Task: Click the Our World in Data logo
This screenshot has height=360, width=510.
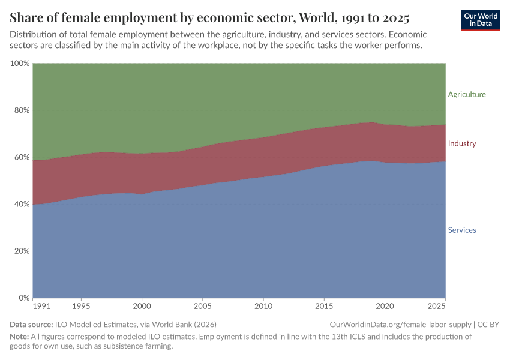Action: (481, 20)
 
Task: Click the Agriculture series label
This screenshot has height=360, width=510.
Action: (466, 94)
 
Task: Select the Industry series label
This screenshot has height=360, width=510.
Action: (461, 143)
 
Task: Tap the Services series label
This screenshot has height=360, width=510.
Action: (461, 230)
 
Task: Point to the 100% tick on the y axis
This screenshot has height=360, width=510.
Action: (20, 64)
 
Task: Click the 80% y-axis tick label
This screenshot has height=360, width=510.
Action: (22, 110)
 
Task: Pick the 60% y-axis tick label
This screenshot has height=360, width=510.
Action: (22, 157)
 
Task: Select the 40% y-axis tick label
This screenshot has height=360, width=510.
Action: (22, 204)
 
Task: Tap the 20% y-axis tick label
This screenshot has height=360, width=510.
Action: (22, 251)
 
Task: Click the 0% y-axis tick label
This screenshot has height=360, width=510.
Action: (24, 298)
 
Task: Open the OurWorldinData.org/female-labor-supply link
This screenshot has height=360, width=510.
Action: (400, 325)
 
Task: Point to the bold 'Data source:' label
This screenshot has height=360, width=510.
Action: (31, 325)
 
